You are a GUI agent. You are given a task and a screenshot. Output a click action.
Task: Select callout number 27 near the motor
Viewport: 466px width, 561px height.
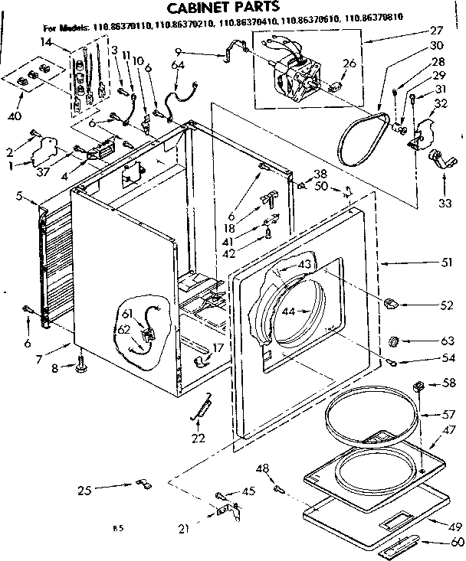438,31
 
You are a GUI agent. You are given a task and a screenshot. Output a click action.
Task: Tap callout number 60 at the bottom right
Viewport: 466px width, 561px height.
458,542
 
